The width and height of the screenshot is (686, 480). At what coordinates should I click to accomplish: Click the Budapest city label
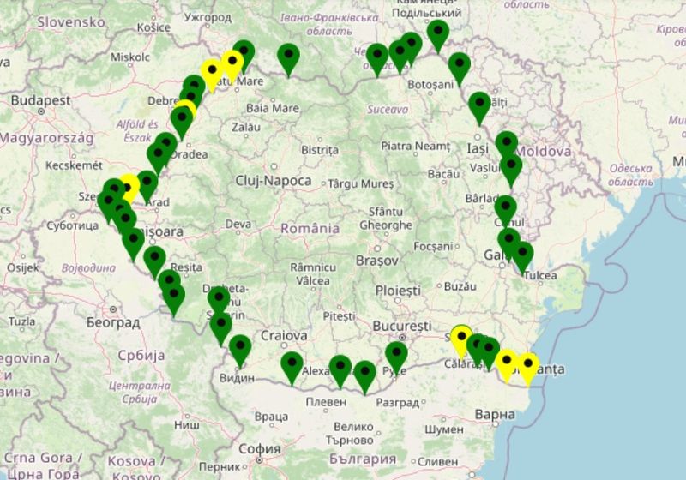coord(41,100)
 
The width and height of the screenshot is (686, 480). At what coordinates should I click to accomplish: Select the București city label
coord(402,327)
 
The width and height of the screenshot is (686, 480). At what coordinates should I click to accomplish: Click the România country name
coord(310,229)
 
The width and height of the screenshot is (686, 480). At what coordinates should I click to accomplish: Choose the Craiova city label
coord(284,335)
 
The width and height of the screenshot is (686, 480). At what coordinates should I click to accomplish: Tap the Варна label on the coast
coord(494,415)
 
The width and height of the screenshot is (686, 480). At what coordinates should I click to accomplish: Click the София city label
coord(260,447)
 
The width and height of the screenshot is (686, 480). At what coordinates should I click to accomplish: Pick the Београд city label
coord(112,323)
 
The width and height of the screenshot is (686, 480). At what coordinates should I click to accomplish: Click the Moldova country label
coord(543,151)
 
